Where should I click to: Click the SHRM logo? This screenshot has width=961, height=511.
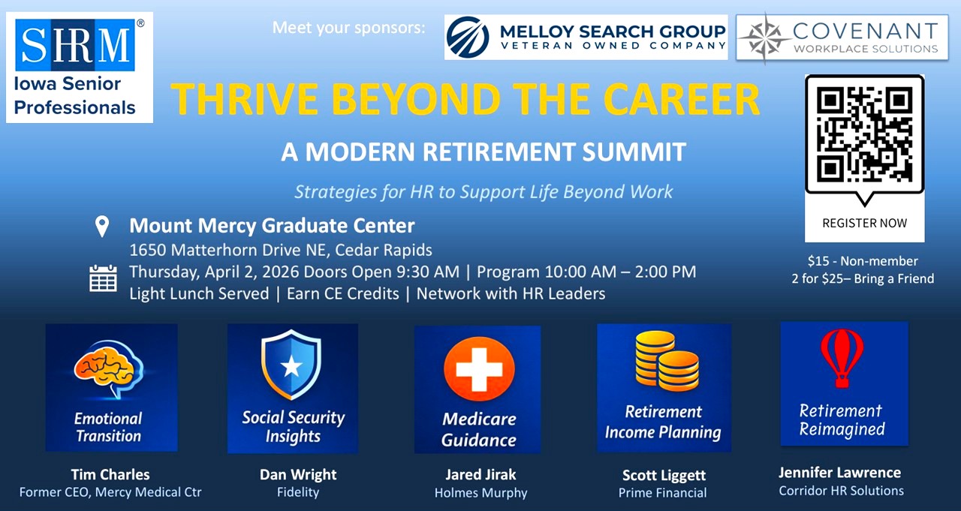75,45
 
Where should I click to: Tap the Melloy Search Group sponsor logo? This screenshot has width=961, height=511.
586,38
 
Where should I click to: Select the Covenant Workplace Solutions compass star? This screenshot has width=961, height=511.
765,38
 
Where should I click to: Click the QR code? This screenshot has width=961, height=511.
864,134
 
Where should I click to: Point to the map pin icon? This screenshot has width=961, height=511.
102,227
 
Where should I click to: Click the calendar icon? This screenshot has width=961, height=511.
103,278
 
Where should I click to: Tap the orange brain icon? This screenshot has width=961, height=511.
109,368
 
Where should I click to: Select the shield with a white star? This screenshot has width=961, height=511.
291,365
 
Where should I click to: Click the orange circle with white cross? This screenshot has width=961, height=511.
479,369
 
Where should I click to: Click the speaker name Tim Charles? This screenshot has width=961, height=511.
110,474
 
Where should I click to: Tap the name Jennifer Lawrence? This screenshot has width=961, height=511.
840,473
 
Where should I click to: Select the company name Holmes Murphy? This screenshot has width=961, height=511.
481,493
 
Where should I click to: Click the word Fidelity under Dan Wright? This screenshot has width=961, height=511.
298,492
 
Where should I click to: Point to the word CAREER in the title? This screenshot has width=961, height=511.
682,99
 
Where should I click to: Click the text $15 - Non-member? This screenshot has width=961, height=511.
863,260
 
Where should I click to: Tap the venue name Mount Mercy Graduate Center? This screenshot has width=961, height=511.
272,226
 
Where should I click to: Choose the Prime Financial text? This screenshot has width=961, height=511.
662,493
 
